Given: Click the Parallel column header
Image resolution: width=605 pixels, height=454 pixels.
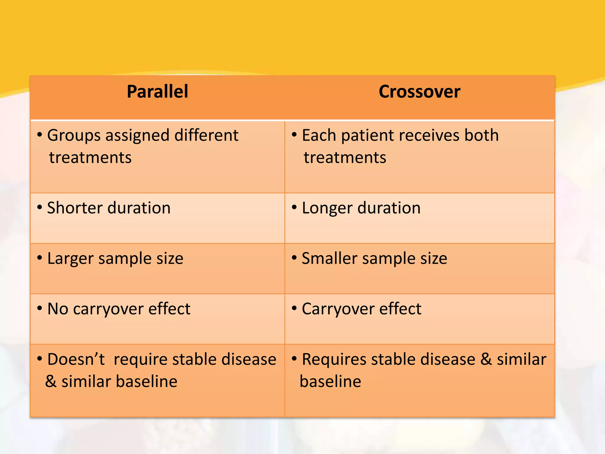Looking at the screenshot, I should click(x=157, y=92).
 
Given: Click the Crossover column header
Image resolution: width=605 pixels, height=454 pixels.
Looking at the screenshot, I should click(x=419, y=92).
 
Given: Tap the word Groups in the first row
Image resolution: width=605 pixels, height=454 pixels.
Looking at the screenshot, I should click(x=74, y=136).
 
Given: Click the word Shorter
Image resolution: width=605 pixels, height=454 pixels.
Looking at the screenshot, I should click(x=74, y=208).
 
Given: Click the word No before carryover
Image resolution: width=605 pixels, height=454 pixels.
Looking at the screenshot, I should click(x=58, y=309).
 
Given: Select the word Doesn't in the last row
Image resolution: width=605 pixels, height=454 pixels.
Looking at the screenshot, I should click(x=76, y=359).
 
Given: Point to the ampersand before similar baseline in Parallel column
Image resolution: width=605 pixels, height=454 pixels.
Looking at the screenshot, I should click(x=51, y=381).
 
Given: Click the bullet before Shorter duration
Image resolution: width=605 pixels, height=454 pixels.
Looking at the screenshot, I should click(x=40, y=207).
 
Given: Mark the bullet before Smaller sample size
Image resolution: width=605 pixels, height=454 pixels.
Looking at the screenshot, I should click(x=294, y=258).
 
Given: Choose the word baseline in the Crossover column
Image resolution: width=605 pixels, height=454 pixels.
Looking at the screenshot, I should click(x=330, y=381).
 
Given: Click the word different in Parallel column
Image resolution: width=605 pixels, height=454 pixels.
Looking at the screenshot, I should click(x=206, y=135).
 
